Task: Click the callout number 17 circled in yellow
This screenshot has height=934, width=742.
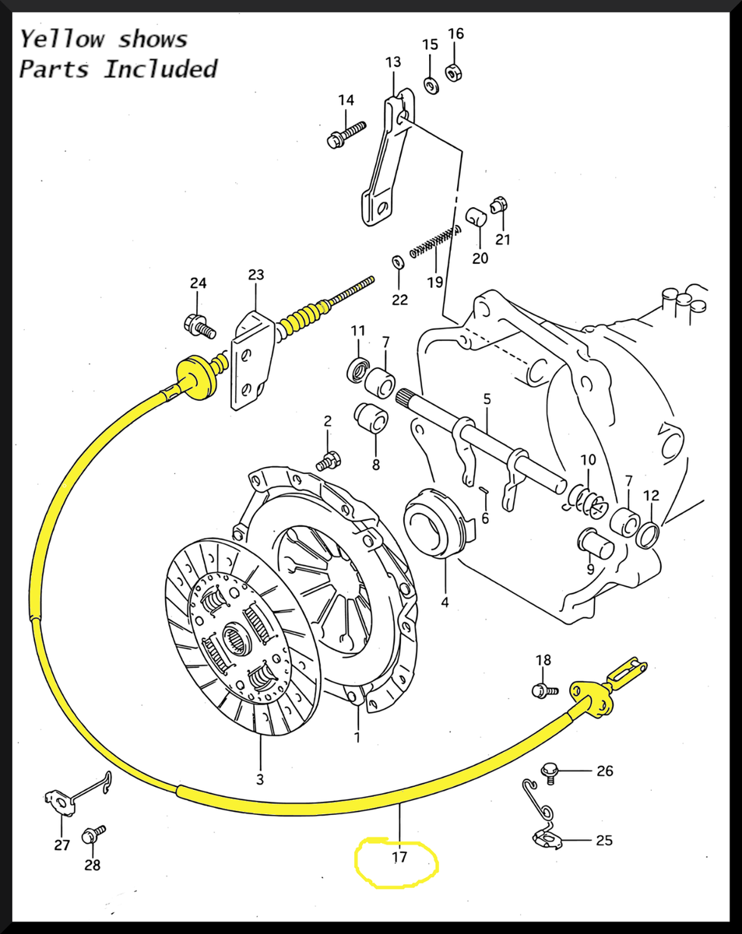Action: (399, 858)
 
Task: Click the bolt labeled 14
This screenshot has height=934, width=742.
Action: (345, 135)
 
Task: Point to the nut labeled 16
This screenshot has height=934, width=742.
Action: (455, 72)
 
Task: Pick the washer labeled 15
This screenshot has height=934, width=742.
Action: (431, 84)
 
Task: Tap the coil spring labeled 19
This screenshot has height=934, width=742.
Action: (434, 241)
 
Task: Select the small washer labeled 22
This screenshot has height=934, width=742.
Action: (398, 261)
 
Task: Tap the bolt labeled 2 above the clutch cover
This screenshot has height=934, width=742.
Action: (327, 461)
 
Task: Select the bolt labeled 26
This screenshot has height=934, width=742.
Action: (550, 771)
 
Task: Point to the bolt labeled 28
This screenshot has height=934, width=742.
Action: (95, 834)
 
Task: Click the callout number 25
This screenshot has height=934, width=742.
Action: (603, 841)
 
